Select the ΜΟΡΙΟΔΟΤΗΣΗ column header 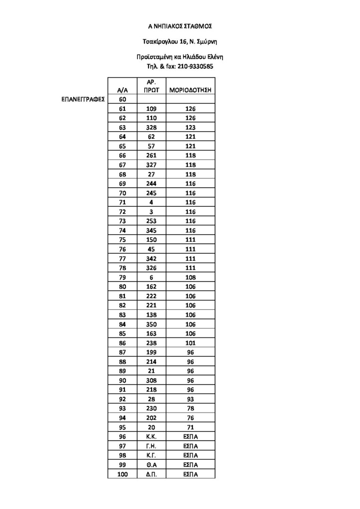click(190, 90)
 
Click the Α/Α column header click(123, 90)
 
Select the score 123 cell click(190, 127)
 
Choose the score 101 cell click(190, 343)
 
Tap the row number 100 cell click(123, 474)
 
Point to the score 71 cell click(190, 427)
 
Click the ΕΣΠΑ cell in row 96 click(190, 436)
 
